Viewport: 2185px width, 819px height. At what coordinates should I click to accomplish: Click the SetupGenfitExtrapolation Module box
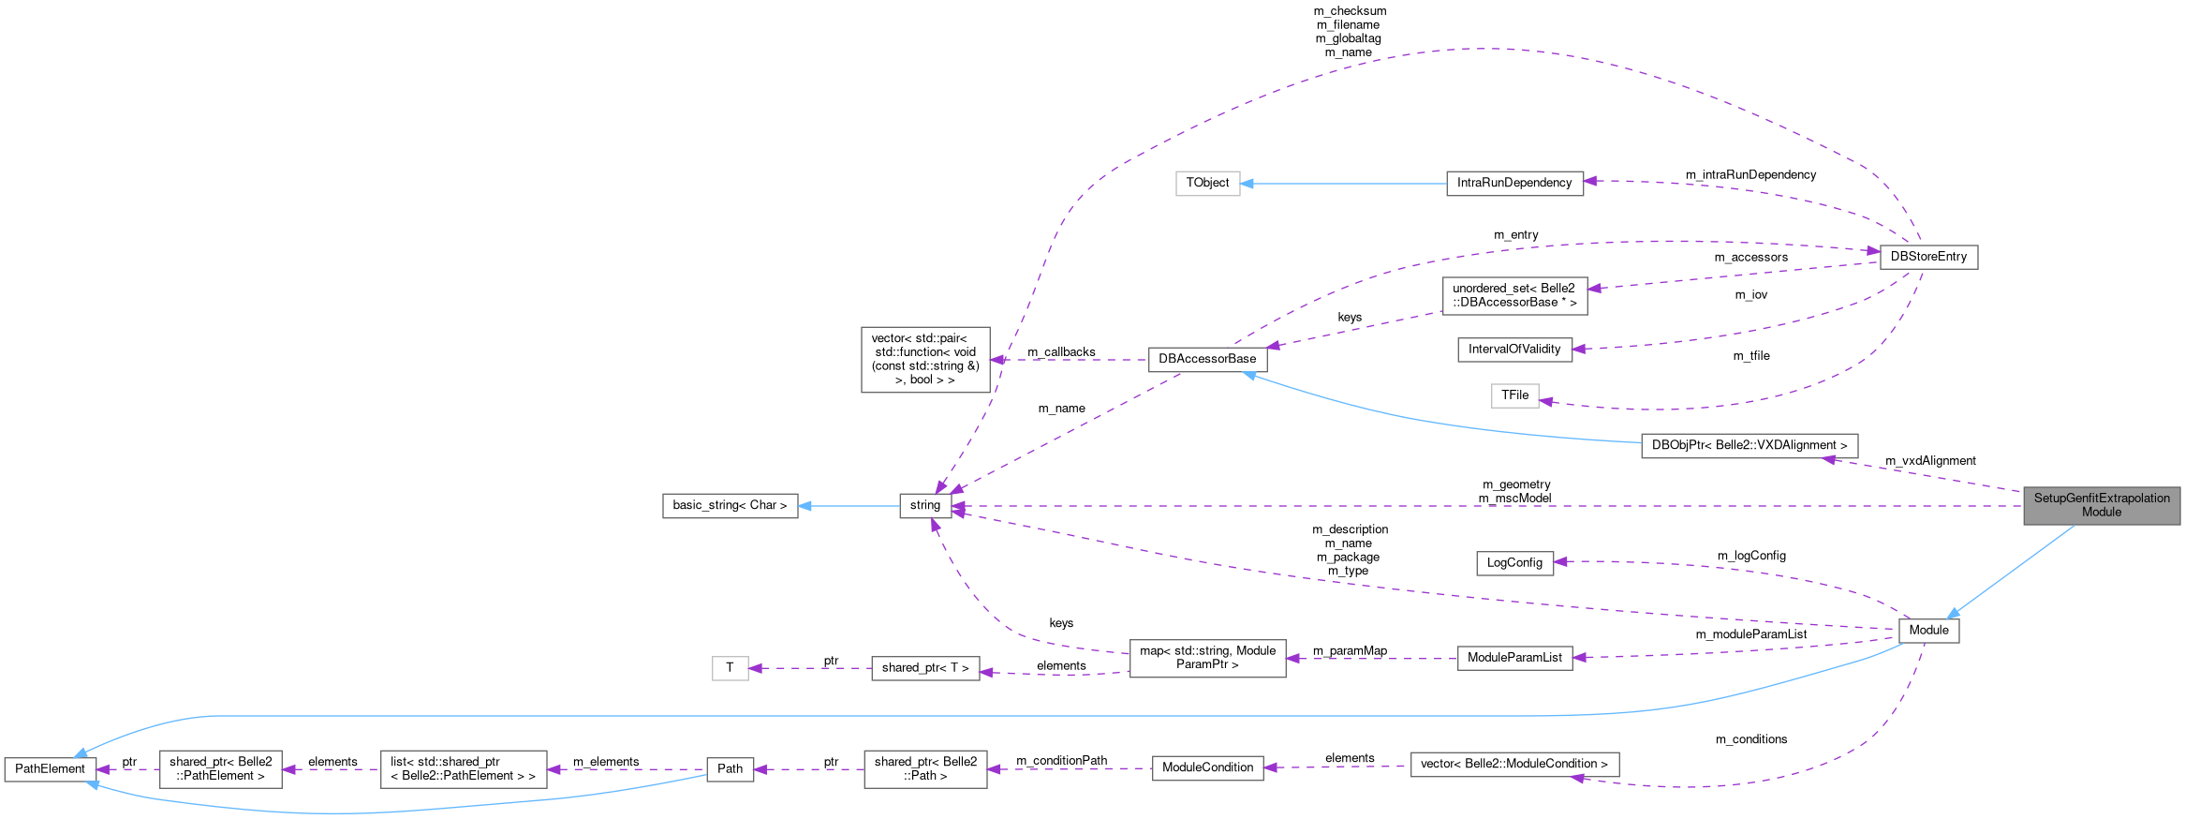2101,505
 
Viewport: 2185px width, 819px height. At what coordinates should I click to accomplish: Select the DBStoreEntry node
1928,257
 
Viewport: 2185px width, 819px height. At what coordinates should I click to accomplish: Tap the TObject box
1207,183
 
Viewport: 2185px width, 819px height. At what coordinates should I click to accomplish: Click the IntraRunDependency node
1513,183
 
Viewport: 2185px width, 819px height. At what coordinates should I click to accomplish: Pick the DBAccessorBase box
1207,359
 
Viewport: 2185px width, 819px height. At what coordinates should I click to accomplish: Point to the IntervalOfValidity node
1513,350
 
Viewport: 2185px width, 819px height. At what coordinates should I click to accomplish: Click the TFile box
1514,395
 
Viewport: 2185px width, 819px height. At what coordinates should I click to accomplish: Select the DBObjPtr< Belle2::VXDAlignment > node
1749,445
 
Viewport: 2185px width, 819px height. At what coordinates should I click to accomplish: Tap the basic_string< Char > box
730,505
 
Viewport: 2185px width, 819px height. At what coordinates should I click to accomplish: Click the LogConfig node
1513,562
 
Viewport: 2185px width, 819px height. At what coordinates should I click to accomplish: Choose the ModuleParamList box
1513,658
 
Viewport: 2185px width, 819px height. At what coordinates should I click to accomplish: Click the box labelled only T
730,668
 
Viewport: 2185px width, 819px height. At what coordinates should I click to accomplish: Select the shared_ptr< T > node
924,668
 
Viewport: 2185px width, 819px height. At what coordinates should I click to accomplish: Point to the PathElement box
50,769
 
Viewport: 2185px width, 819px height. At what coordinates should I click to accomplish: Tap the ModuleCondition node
1207,767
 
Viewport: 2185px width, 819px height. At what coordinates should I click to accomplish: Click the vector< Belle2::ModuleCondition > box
1513,764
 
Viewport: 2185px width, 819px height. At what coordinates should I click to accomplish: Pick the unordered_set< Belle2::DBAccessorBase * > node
1513,295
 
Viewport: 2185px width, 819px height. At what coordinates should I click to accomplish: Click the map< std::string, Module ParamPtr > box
1207,658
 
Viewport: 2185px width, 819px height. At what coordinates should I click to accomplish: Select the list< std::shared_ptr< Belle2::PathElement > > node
463,769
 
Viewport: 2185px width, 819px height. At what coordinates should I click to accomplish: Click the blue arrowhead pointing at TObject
1247,184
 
